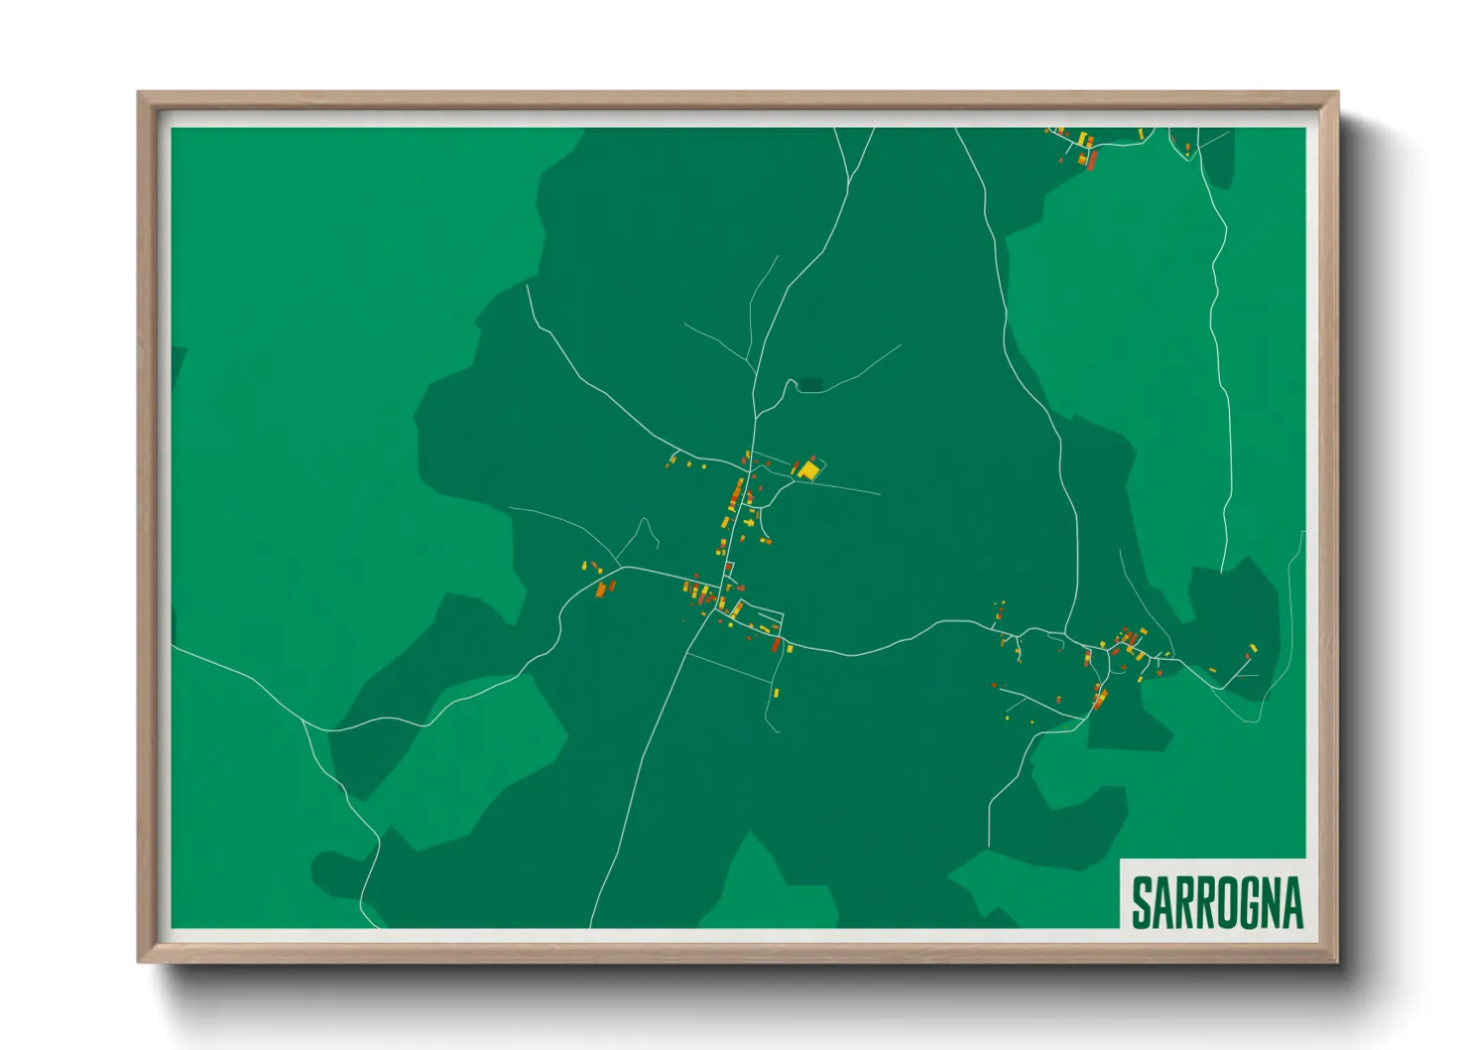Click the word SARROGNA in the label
1217,902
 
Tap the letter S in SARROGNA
1142,902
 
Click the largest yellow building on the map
808,470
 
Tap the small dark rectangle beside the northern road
811,385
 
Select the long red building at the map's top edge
1092,160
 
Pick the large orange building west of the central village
600,591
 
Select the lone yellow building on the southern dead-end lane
777,693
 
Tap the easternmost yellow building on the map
1253,647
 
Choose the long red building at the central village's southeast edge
776,645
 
